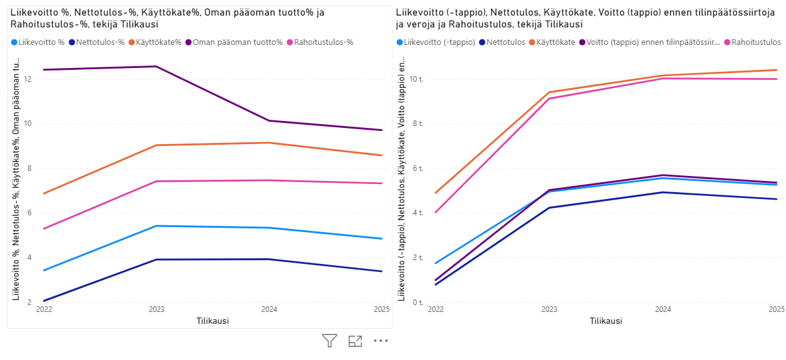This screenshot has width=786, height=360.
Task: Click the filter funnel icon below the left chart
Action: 329,341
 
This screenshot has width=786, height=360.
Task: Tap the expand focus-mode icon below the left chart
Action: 355,341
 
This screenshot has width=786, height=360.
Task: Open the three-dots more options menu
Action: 381,341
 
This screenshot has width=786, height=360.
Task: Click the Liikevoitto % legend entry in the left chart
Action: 41,42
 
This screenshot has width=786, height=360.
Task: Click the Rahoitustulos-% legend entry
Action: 324,42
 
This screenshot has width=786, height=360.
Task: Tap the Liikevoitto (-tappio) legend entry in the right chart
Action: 439,42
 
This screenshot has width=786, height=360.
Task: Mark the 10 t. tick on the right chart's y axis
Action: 417,79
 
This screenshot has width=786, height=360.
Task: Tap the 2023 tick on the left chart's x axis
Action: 157,309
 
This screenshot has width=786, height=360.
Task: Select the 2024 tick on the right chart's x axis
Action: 663,309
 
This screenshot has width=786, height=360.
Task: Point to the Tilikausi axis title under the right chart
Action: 606,321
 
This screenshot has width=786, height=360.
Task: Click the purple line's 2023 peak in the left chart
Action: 157,66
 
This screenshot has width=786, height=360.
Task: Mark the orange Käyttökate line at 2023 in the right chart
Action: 550,92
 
